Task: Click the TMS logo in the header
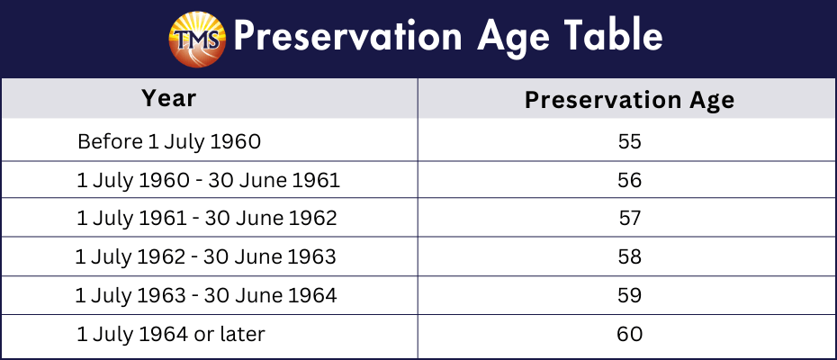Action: tap(197, 40)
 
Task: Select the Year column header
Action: tap(168, 98)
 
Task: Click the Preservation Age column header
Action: tap(629, 100)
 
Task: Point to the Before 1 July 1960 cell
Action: tap(169, 142)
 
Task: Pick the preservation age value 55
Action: tap(629, 141)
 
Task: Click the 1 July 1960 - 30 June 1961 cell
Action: tap(208, 181)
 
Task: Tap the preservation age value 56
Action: tap(629, 180)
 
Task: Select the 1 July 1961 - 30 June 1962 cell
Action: tap(207, 219)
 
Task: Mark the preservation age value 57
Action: tap(629, 219)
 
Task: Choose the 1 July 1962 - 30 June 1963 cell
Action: tap(206, 257)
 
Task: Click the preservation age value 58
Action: tap(629, 256)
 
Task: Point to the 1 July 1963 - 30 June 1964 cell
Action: tap(206, 296)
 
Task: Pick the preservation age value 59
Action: tap(629, 295)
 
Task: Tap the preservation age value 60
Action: tap(629, 334)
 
